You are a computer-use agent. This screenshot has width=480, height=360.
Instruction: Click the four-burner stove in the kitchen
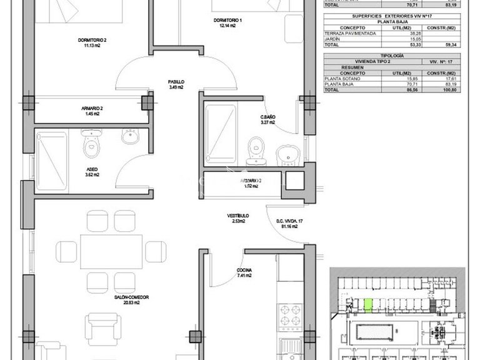[x=290, y=316]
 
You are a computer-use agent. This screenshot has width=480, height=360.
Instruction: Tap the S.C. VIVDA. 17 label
[x=289, y=223]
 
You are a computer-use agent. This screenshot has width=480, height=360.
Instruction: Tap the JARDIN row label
[x=333, y=38]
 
